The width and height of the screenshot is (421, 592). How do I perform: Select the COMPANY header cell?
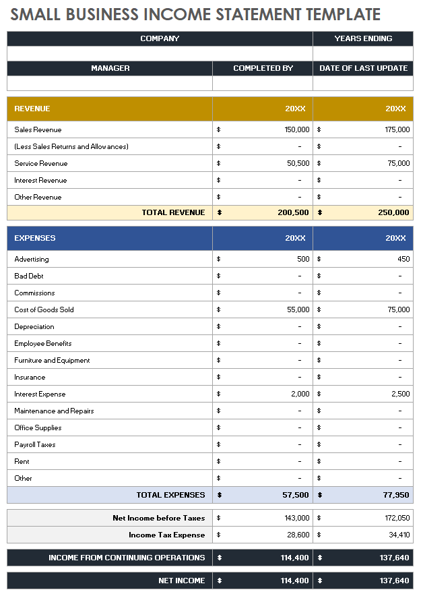[160, 38]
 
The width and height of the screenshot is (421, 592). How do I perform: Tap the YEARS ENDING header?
[363, 38]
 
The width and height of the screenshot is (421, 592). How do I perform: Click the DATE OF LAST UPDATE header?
[363, 68]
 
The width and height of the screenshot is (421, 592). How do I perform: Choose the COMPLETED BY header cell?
[263, 68]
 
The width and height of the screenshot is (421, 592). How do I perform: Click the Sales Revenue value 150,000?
[297, 129]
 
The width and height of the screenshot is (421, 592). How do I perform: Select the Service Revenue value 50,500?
[298, 163]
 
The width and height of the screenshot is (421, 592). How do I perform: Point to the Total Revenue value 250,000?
[393, 212]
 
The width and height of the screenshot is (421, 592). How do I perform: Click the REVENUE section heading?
[32, 109]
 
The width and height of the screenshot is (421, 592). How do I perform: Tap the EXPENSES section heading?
[35, 238]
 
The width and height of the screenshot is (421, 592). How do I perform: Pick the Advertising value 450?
[403, 259]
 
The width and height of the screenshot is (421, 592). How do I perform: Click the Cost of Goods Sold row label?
[44, 309]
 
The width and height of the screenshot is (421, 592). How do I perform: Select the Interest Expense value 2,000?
[300, 394]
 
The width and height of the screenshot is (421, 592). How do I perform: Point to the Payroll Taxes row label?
[35, 444]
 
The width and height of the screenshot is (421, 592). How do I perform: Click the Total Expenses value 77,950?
[396, 495]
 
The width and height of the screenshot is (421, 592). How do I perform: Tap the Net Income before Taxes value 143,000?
[297, 518]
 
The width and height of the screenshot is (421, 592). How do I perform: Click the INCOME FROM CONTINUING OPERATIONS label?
[127, 558]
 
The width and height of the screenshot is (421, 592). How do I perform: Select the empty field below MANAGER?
[110, 83]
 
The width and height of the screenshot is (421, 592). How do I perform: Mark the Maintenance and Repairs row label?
[54, 411]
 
